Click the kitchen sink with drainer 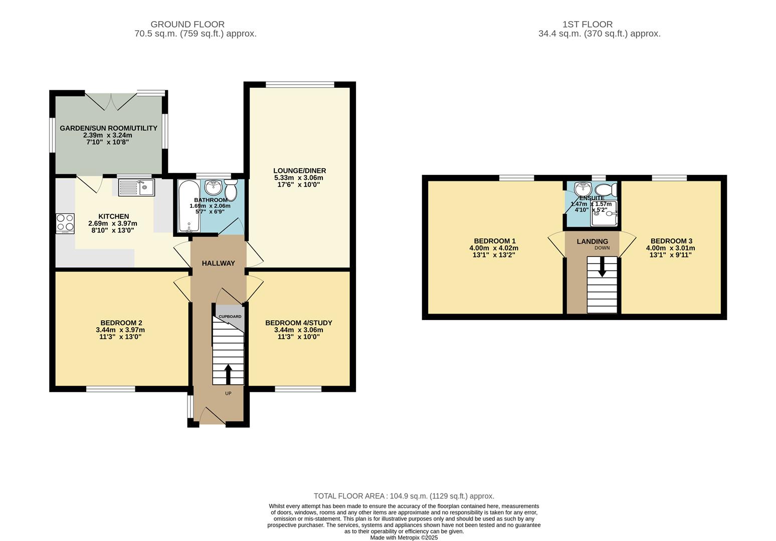[136, 188]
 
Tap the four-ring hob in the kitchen [65, 223]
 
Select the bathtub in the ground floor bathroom [187, 206]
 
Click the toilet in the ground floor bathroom [231, 190]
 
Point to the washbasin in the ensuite [583, 189]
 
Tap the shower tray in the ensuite [604, 214]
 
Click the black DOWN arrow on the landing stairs [602, 266]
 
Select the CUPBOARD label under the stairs [230, 317]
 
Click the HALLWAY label [218, 263]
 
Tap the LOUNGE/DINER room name [299, 171]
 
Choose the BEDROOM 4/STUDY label [299, 323]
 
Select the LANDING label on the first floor [592, 241]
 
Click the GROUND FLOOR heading [187, 24]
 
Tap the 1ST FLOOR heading [587, 24]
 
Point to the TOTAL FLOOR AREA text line [404, 496]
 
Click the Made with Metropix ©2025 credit [404, 537]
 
